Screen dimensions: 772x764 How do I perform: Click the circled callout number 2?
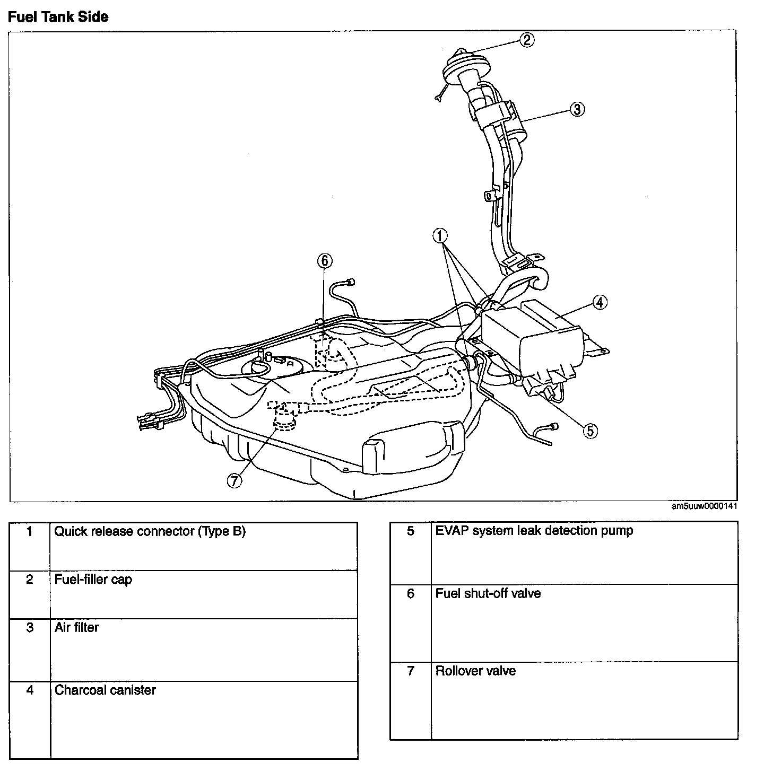click(526, 40)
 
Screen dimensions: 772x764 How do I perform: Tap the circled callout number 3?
click(577, 109)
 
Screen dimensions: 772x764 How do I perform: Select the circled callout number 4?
click(599, 302)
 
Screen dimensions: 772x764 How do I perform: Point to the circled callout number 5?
click(589, 431)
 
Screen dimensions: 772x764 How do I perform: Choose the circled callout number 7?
click(234, 480)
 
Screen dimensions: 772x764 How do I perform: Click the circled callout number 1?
click(440, 235)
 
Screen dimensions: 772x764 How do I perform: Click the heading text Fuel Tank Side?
click(58, 17)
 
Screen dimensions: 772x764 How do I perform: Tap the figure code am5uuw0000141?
click(704, 506)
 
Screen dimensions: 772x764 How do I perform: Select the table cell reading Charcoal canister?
click(105, 690)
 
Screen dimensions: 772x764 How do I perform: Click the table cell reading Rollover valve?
click(475, 671)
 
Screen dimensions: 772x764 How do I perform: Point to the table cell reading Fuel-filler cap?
click(93, 580)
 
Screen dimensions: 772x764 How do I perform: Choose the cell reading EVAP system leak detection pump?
click(534, 531)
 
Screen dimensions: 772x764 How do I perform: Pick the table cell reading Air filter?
click(77, 628)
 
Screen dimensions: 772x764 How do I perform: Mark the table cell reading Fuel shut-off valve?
click(488, 593)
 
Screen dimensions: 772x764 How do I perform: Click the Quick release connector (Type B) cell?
click(150, 532)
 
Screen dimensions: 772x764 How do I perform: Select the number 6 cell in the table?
click(411, 593)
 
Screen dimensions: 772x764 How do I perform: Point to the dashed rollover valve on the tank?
click(285, 419)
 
